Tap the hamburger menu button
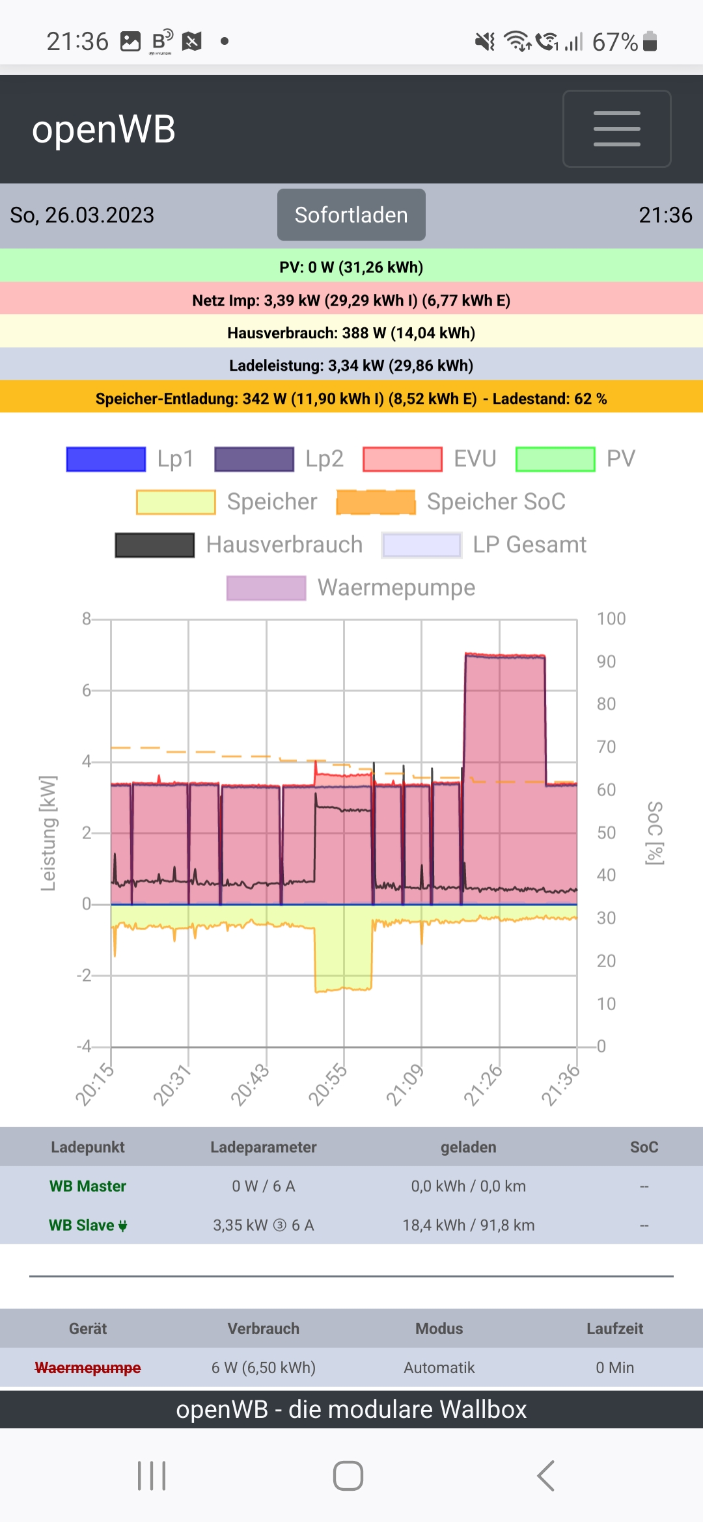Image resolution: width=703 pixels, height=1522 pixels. pos(616,129)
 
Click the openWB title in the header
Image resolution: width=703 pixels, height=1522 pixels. pos(104,129)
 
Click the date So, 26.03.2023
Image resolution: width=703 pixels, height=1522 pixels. pos(82,215)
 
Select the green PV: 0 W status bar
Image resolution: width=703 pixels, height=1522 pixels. pos(351,267)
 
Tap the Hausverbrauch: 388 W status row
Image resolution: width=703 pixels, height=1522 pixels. pos(351,333)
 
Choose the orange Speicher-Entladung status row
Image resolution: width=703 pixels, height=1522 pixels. pos(351,399)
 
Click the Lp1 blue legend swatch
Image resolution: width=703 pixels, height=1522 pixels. pos(106,459)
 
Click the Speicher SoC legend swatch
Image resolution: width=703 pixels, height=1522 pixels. pos(376,502)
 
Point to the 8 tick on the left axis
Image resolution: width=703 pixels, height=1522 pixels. pos(87,619)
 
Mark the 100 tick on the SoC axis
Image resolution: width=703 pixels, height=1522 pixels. pos(611,619)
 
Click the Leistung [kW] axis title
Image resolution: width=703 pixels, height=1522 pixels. pos(48,833)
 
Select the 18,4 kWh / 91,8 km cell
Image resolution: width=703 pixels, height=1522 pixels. pos(469,1225)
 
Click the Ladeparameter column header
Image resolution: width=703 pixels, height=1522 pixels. pos(264,1147)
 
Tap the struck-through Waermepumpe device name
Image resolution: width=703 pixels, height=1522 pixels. pos(88,1368)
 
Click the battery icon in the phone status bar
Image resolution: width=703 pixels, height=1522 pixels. pos(650,42)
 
